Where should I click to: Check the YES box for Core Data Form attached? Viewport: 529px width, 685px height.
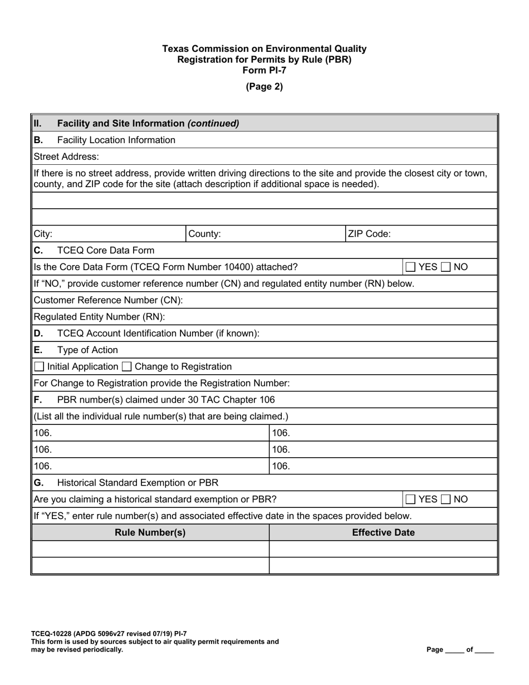pyautogui.click(x=410, y=267)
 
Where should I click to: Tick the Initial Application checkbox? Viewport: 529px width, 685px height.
pyautogui.click(x=40, y=366)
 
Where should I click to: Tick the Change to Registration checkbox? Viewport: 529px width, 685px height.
pyautogui.click(x=126, y=366)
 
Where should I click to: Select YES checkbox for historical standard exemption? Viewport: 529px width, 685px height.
pyautogui.click(x=410, y=499)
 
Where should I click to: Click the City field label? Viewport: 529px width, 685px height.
pyautogui.click(x=43, y=234)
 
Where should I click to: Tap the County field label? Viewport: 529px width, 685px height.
pyautogui.click(x=204, y=234)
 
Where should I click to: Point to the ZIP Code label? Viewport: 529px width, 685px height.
pyautogui.click(x=369, y=234)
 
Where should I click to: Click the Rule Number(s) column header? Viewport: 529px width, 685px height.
pyautogui.click(x=150, y=532)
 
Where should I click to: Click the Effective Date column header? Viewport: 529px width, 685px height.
pyautogui.click(x=383, y=532)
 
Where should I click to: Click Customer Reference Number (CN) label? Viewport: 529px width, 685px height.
pyautogui.click(x=108, y=300)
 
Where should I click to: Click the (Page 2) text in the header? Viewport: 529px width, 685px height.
pyautogui.click(x=264, y=86)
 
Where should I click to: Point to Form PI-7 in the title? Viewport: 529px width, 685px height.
pyautogui.click(x=264, y=70)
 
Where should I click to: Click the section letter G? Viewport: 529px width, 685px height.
pyautogui.click(x=38, y=482)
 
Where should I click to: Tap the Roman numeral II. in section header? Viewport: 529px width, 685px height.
pyautogui.click(x=37, y=124)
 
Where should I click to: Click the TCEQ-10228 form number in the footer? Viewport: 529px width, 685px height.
pyautogui.click(x=56, y=633)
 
